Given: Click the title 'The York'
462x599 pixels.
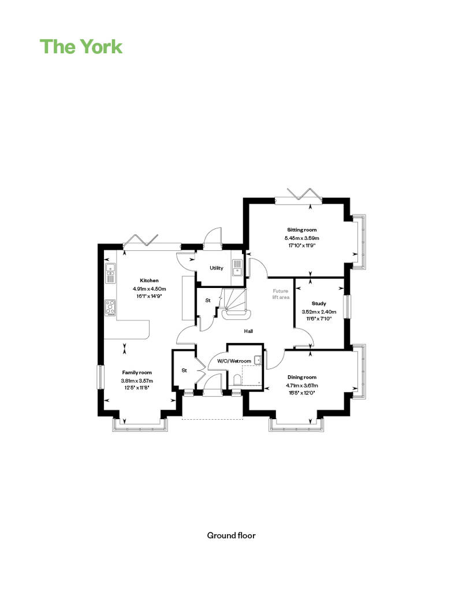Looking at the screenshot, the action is [x=81, y=47].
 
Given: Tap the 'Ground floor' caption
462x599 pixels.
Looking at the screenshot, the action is [x=231, y=535].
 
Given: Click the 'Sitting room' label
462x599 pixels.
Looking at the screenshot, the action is [x=302, y=230].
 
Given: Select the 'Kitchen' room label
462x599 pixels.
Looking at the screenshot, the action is [x=149, y=280].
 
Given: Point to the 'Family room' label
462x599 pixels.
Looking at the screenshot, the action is [x=137, y=372].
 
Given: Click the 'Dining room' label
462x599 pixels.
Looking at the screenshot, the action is [x=302, y=377].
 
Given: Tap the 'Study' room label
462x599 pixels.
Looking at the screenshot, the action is [x=319, y=304].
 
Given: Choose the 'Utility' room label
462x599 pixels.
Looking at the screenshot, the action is [x=217, y=268].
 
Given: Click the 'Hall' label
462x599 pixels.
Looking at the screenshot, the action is [x=248, y=331].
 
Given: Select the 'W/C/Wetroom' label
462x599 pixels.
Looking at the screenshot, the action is [x=234, y=361].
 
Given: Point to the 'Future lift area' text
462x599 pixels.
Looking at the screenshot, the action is [x=281, y=294].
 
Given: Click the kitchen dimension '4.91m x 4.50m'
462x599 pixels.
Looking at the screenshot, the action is [x=149, y=289].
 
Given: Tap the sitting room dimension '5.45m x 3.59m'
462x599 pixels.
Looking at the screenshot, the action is [x=302, y=238].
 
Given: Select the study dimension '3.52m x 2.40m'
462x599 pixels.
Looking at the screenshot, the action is [x=319, y=311].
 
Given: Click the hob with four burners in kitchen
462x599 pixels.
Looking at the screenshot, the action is [x=110, y=308].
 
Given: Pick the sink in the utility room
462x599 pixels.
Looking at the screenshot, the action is [x=237, y=267].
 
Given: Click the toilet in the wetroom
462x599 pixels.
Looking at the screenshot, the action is [x=237, y=380].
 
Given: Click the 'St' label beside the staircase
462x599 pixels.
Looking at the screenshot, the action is [x=208, y=301].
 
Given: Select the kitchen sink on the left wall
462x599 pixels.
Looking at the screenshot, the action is [x=110, y=273].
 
